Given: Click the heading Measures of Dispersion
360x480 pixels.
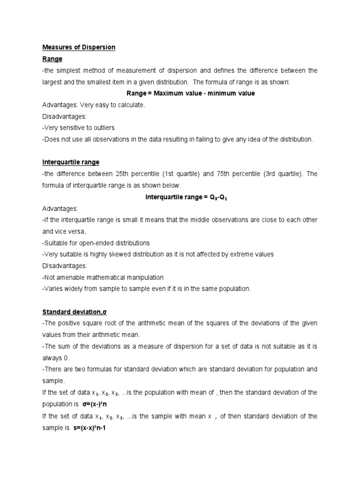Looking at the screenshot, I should point(79,47).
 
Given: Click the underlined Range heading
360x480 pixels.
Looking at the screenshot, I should point(52,59).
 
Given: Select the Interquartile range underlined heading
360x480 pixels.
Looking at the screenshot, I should point(71,162).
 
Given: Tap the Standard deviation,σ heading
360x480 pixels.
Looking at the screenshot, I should point(71,312).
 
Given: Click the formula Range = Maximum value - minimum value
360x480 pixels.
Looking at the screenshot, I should point(191,93).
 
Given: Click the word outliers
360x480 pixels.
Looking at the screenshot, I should point(104,128).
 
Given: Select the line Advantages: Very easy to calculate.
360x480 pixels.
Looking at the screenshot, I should point(94,105).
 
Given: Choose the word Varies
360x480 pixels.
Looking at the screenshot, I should point(53,289).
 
